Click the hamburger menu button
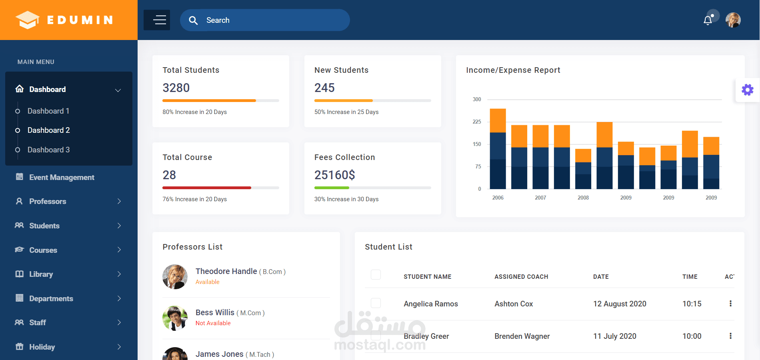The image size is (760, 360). (157, 20)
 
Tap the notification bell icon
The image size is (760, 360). (708, 20)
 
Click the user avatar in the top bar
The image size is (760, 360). (733, 20)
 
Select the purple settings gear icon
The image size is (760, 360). (747, 90)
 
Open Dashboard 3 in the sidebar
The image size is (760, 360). (48, 150)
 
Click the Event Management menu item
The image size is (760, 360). (62, 177)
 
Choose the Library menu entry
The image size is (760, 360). (41, 274)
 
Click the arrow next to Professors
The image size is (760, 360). (119, 201)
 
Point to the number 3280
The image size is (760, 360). (176, 88)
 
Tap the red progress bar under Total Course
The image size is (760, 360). (206, 188)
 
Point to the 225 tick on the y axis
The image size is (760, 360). (477, 122)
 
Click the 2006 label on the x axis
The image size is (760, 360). (498, 198)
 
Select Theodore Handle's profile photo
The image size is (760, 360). (175, 276)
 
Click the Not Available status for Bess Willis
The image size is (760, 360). (213, 323)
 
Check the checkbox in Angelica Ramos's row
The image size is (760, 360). (376, 303)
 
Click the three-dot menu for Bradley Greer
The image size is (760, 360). (730, 336)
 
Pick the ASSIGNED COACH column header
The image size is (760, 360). (521, 277)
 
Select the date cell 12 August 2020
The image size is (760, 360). (620, 304)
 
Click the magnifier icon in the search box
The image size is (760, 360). (193, 20)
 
